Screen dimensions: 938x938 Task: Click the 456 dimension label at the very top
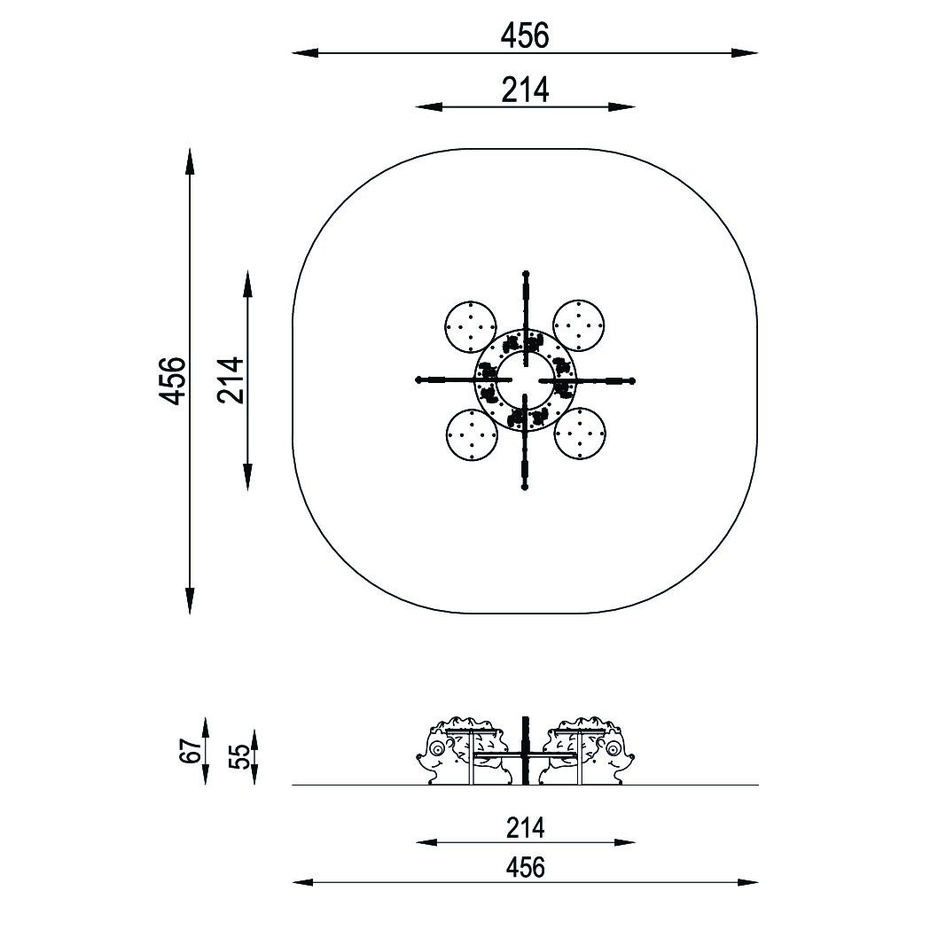pos(525,35)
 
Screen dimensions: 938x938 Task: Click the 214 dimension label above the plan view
pos(525,90)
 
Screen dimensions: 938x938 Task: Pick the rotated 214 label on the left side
pos(231,380)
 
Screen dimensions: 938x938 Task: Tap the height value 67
pos(190,751)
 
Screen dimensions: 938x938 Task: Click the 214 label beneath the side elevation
pos(525,828)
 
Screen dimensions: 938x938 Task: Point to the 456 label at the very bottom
pos(525,867)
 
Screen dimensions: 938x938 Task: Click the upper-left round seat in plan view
pos(471,326)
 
